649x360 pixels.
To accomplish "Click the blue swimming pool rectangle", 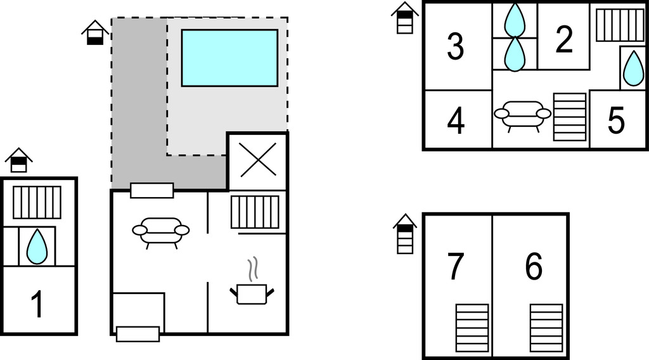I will click(229, 58).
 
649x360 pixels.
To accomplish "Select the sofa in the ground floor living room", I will click(161, 231).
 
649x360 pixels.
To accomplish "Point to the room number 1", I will click(38, 304).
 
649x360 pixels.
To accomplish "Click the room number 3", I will click(455, 46).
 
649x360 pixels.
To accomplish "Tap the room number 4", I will click(456, 120).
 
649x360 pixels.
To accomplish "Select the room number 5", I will click(615, 120).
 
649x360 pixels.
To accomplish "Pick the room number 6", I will click(534, 267).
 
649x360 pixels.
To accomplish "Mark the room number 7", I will click(456, 267).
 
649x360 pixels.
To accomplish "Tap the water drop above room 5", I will click(633, 68).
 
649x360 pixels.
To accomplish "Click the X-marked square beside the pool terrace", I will click(257, 160).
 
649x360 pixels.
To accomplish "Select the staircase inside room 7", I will click(473, 327).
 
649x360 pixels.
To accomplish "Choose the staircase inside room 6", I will click(546, 327).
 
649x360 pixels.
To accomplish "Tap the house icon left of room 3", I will click(404, 17).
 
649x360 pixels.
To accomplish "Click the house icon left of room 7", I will click(404, 233).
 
